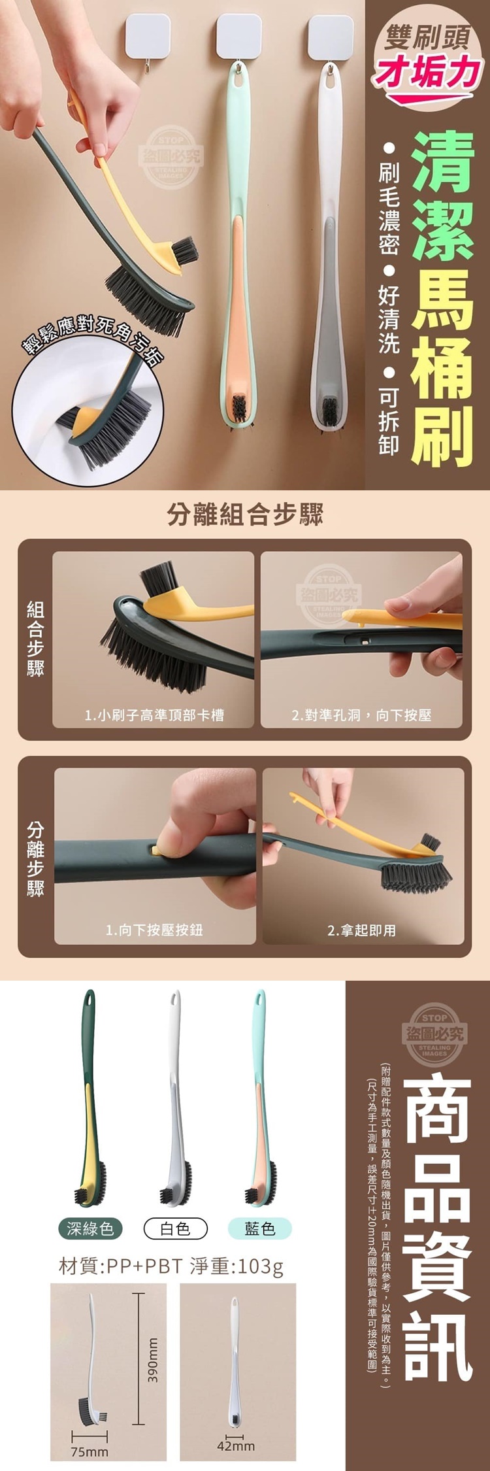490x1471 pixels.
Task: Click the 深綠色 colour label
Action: tap(90, 1228)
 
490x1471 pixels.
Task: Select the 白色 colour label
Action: tap(175, 1228)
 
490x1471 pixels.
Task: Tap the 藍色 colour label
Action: tap(260, 1228)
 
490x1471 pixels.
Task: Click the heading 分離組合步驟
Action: tap(245, 515)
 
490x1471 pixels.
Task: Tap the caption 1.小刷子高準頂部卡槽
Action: tap(154, 715)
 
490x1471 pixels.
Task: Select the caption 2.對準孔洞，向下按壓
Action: tap(361, 715)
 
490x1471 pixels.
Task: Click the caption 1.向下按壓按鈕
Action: tap(154, 930)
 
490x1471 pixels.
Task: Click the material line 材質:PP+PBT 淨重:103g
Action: tap(171, 1267)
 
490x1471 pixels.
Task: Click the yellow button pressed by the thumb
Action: tap(156, 850)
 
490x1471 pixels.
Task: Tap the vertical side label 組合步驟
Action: tap(35, 639)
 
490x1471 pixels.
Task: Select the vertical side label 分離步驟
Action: tap(35, 859)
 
